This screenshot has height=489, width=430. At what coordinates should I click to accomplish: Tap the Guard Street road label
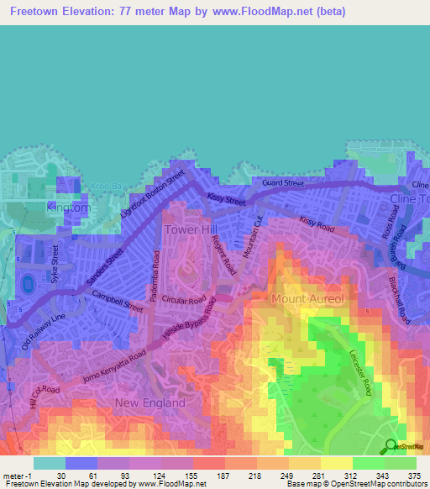coord(282,183)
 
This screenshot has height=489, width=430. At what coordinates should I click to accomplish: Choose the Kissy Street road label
coord(226,201)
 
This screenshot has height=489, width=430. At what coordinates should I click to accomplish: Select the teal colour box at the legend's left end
coord(49,463)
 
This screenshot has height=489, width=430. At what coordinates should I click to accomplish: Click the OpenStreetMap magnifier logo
coord(391,446)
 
